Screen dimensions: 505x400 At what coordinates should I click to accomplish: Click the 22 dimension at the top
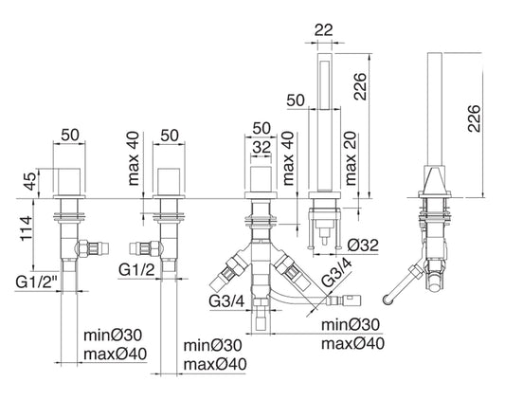tap(324, 30)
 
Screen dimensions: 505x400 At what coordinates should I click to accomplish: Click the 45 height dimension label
tap(30, 181)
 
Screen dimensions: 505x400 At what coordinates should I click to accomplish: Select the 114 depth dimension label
tap(27, 228)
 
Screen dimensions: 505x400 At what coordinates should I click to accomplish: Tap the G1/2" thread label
tap(36, 282)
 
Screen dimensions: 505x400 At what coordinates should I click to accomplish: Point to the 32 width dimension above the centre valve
tap(262, 147)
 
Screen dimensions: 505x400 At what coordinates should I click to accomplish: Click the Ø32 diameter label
tap(363, 245)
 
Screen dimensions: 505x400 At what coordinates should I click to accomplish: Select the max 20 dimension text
tap(351, 158)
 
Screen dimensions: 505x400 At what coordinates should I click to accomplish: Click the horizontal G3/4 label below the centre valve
tap(226, 301)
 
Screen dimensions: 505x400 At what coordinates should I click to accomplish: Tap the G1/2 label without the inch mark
tap(136, 270)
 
